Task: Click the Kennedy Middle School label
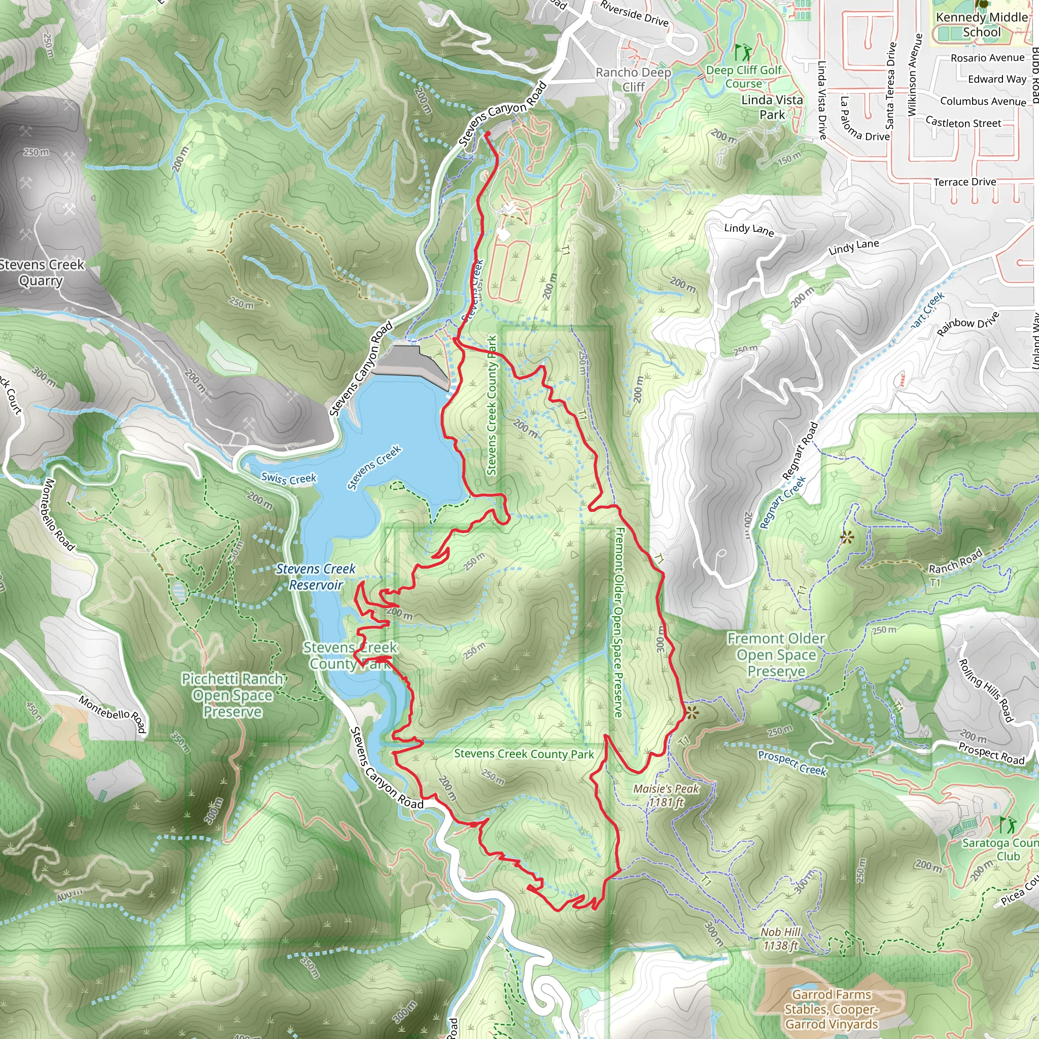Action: coord(982,25)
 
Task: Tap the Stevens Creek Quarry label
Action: coord(42,272)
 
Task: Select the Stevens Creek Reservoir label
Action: coord(316,576)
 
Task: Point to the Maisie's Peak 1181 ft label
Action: coord(666,795)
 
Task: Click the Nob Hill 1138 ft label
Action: coord(780,939)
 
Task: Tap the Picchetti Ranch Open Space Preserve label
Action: coord(233,695)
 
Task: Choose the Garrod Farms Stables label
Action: coord(832,1009)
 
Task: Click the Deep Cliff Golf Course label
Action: coord(744,77)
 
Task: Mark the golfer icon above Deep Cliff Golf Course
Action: coord(744,52)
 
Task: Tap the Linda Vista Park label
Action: coord(772,107)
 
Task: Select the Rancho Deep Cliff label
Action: coord(634,79)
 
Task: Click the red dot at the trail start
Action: coord(488,133)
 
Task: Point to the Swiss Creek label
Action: coord(289,478)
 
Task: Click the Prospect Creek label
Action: coord(791,763)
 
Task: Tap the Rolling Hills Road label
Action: coord(986,690)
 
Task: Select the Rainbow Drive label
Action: coord(968,324)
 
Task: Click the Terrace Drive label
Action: coord(965,182)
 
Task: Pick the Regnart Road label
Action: coord(800,451)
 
